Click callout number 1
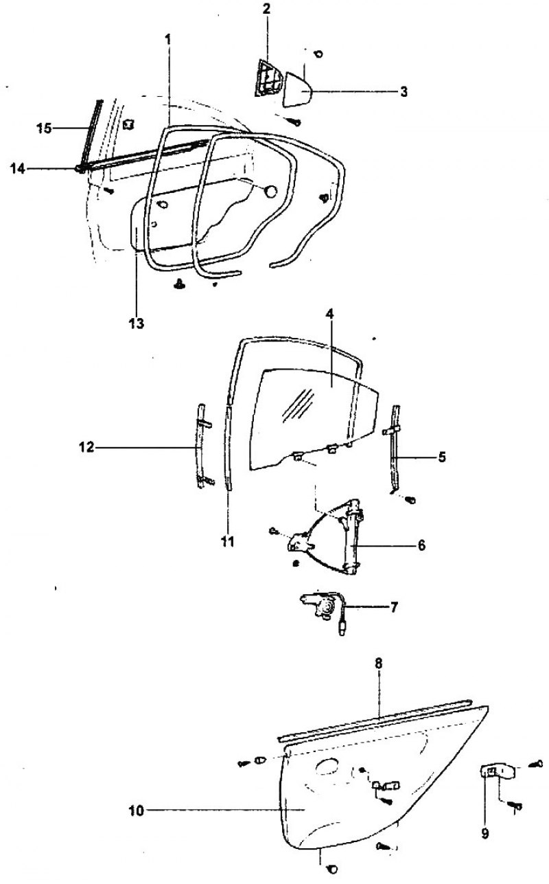(168, 39)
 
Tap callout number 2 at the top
(267, 9)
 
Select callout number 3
(404, 91)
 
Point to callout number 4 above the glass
(329, 314)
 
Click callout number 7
(394, 607)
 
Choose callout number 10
(137, 811)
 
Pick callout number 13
(137, 324)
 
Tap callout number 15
(44, 128)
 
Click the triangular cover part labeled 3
(298, 89)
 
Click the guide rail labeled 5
(395, 450)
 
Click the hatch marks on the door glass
(298, 404)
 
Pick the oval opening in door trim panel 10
(327, 767)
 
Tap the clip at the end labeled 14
(80, 169)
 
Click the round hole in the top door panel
(270, 192)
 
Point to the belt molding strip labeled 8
(375, 720)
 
